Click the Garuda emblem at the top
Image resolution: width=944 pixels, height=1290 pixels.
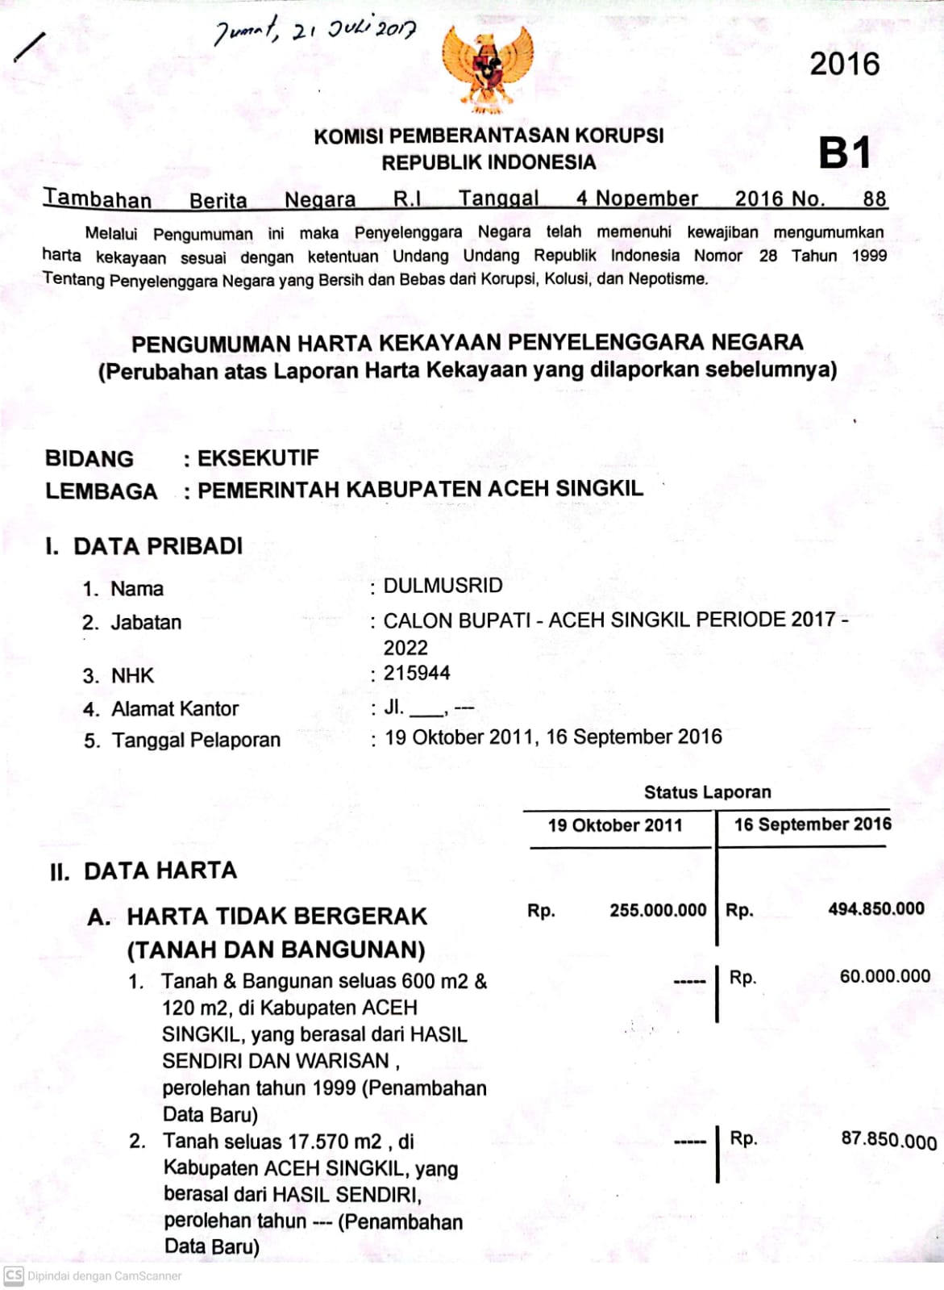coord(487,69)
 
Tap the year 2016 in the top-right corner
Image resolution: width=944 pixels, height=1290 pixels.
coord(844,65)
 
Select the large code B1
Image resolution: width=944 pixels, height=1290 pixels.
coord(844,152)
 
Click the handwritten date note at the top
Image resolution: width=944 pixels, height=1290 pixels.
coord(315,33)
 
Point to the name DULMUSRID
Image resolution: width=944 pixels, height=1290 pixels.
coord(443,586)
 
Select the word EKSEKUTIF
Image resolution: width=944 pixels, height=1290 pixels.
coord(258,458)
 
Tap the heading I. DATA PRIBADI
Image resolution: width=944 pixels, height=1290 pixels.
coord(144,546)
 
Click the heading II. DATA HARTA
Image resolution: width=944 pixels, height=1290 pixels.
coord(143,871)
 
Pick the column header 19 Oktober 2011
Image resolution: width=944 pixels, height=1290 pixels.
coord(615,825)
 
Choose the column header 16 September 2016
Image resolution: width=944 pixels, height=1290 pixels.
coord(813,825)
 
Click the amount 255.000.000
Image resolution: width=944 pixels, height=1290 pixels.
coord(658,910)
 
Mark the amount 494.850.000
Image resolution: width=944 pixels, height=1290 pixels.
coord(876,909)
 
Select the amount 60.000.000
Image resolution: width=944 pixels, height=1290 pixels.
coord(885,976)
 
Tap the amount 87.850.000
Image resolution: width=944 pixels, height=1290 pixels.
coord(888,1139)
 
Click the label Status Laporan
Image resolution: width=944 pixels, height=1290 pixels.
coord(707,792)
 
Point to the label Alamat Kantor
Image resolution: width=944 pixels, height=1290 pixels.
coord(175,709)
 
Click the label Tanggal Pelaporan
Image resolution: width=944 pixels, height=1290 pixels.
coord(196,741)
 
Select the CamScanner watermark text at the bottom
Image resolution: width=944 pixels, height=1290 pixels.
coord(104,1276)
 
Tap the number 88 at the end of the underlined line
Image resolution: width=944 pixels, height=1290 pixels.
coord(874,199)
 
